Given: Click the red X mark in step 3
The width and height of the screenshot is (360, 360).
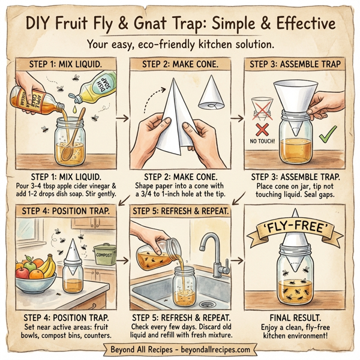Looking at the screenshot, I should (x=260, y=130).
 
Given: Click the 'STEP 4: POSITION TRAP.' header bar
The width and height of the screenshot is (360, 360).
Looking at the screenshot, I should (x=67, y=211).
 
